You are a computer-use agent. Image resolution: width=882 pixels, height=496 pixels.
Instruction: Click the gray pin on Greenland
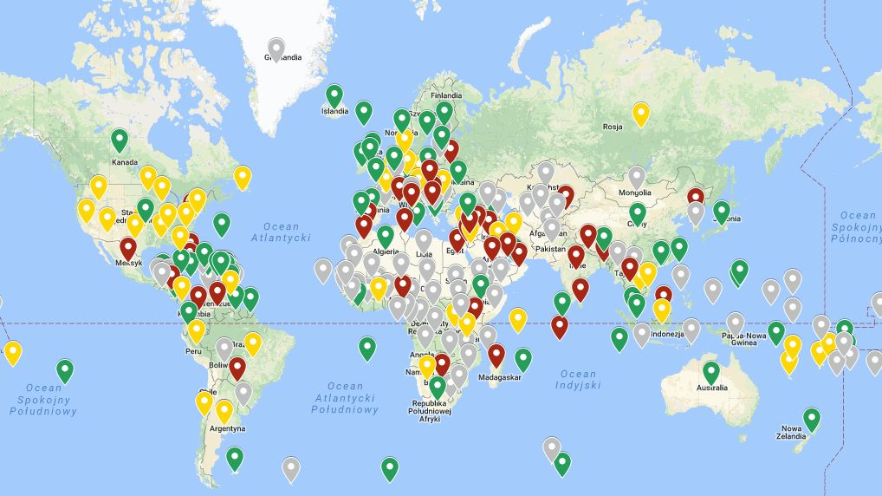point(276,48)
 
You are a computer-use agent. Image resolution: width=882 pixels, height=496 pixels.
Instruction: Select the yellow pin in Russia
point(640,113)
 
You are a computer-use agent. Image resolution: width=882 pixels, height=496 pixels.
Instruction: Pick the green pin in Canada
point(120,139)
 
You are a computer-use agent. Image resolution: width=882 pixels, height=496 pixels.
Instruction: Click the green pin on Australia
point(711,372)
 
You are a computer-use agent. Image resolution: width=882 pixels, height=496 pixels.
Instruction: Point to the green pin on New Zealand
point(811,419)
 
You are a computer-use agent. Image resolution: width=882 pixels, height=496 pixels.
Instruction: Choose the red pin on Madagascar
point(496,354)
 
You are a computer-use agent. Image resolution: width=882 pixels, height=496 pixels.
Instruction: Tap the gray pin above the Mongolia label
point(637,177)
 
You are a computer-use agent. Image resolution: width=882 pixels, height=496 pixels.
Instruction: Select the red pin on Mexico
point(128,248)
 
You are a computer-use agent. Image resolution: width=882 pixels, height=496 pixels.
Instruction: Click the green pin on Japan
point(721,211)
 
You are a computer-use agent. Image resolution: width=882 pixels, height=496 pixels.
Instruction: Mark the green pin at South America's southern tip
point(234,457)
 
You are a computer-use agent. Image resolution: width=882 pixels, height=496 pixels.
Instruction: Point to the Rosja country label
point(613,127)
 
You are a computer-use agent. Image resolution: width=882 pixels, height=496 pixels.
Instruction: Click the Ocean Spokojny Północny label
point(857,226)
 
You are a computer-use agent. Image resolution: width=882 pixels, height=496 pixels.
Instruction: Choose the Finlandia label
point(446,95)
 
